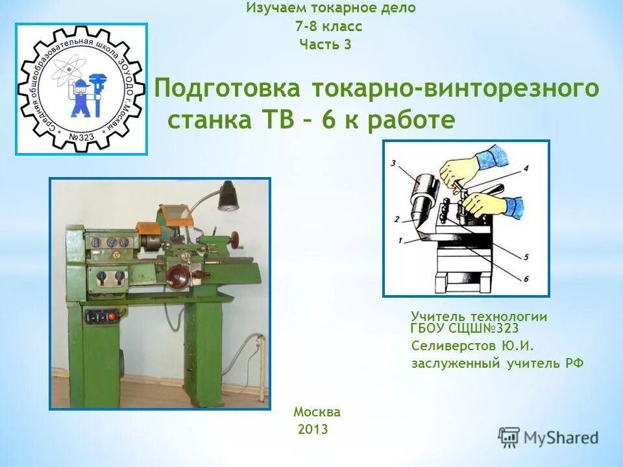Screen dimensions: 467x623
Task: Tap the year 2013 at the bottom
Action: tap(313, 429)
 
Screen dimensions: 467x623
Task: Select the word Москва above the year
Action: tap(317, 412)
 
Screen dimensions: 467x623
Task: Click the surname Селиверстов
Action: tap(454, 346)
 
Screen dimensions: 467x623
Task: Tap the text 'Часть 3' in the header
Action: tap(325, 45)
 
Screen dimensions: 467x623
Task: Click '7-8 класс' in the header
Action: tap(328, 27)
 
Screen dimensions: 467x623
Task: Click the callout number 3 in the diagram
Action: tap(394, 163)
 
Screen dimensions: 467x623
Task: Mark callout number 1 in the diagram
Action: tap(400, 240)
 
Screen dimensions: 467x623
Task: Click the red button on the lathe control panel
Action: tap(111, 317)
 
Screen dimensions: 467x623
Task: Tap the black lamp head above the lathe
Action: tap(227, 198)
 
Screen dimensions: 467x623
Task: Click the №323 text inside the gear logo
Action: tap(82, 138)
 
